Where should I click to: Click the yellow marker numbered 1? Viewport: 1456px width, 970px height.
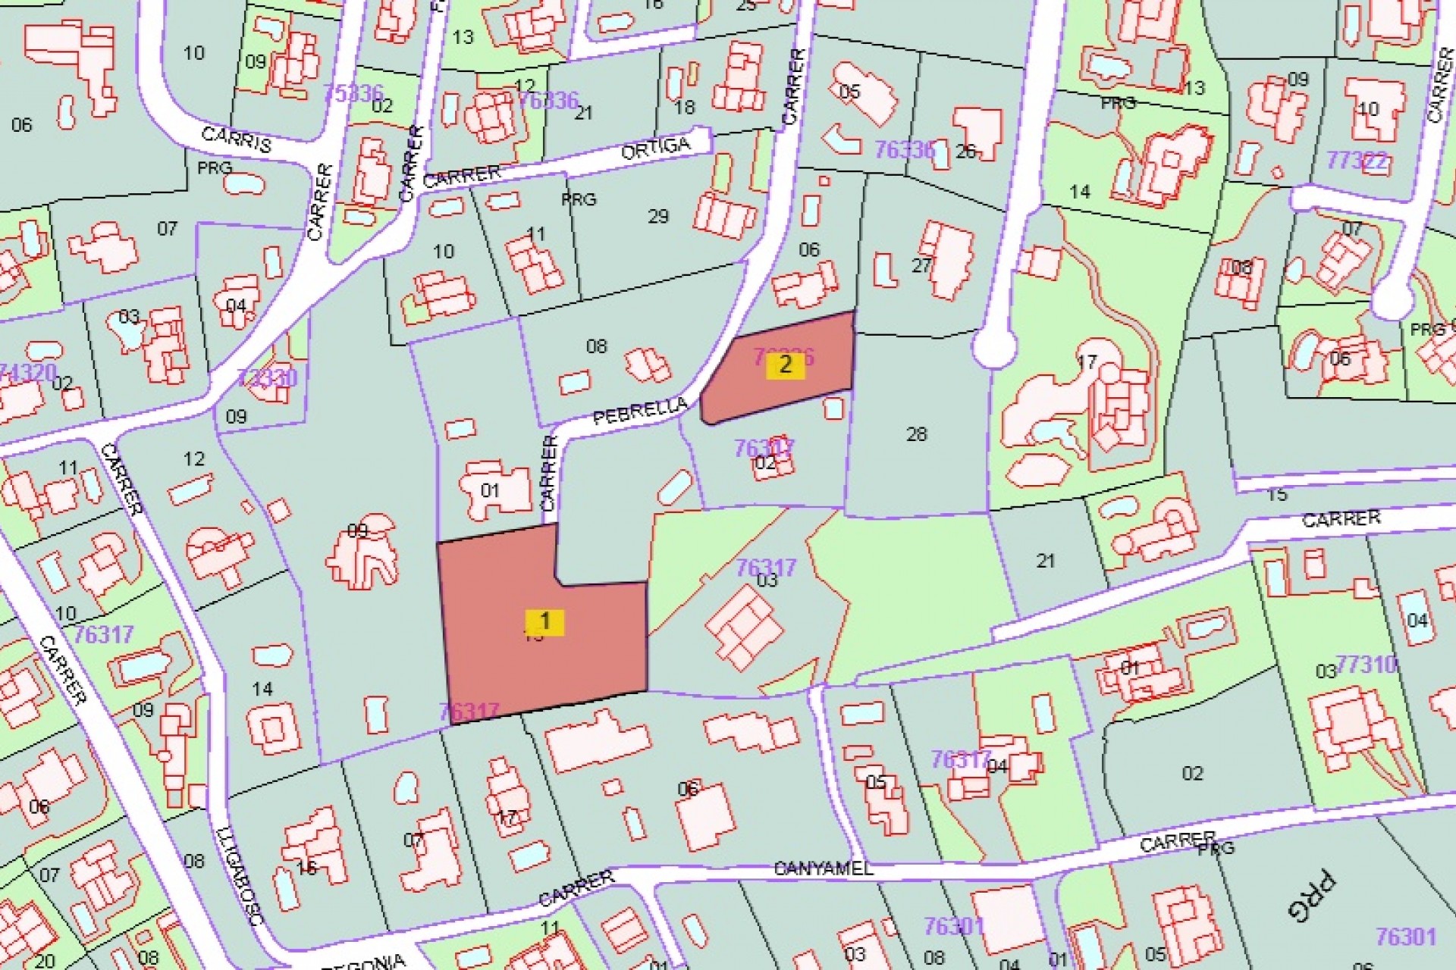pos(544,622)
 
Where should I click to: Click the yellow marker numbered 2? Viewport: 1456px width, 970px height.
pos(784,365)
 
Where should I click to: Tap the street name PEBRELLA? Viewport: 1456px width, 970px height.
pos(640,411)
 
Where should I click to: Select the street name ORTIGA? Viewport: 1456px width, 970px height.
pos(655,148)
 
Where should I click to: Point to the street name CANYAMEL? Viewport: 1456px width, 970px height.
pos(823,868)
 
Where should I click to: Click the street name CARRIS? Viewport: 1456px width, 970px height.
pos(236,139)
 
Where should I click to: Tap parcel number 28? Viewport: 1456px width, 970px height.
pos(917,434)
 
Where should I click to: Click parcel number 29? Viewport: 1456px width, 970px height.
pos(658,217)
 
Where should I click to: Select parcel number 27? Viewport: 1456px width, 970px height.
pos(921,265)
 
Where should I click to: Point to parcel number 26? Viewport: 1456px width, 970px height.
pos(965,152)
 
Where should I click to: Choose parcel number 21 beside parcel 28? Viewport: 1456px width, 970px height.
pos(1046,561)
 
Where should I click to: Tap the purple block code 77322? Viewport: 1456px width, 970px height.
pos(1357,161)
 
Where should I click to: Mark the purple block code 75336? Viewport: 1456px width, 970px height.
pos(353,93)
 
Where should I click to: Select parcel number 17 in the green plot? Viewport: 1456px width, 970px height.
pos(1087,362)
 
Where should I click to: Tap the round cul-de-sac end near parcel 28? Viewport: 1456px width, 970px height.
pos(993,347)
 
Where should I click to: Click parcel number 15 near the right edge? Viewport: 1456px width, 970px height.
pos(1277,495)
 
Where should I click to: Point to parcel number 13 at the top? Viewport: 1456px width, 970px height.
pos(463,36)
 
